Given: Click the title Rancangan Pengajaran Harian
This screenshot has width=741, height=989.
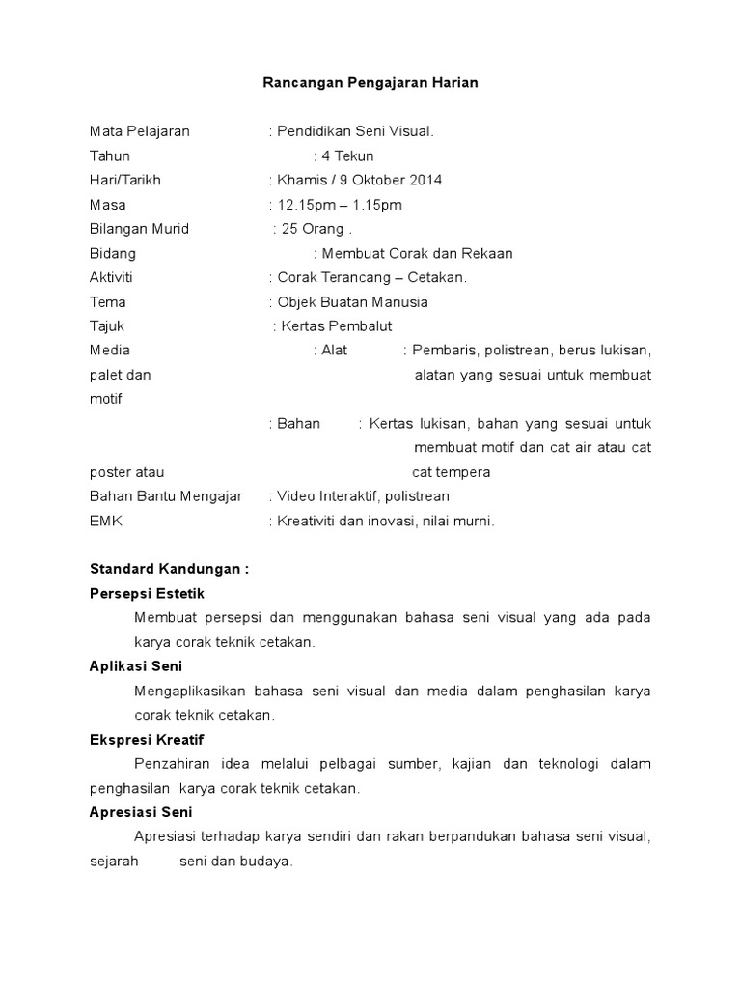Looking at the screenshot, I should pos(370,83).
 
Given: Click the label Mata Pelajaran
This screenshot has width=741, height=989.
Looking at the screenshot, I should pos(139,131).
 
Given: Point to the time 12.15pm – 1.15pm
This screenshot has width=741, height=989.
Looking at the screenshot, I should pos(340,205).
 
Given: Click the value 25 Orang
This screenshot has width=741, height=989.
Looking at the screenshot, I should pos(312,229).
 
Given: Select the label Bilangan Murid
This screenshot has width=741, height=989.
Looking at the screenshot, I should pos(139,229).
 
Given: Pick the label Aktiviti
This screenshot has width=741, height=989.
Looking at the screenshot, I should pos(111,278).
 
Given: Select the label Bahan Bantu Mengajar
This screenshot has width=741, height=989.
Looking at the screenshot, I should pos(166,496).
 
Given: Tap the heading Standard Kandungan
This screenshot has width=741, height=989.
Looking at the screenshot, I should pos(169,569).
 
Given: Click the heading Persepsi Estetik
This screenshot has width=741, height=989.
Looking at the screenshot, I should pos(147,593).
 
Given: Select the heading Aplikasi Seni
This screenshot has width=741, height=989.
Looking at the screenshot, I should pos(135,666).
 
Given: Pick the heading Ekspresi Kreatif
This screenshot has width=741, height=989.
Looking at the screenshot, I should pos(146,739).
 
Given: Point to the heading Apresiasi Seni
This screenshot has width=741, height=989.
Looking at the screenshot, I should pos(141,812).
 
